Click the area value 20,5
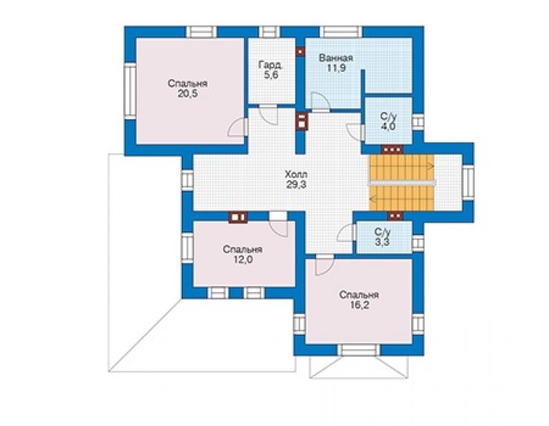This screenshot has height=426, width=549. click(x=188, y=94)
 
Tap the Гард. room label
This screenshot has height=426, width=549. click(x=271, y=64)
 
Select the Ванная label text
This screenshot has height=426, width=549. click(x=336, y=58)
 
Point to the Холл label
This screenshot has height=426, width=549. click(x=296, y=174)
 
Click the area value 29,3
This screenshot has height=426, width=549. click(x=296, y=184)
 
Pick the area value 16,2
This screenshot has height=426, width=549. click(x=359, y=305)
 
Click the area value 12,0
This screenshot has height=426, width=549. click(x=243, y=259)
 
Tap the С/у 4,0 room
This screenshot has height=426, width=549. click(x=388, y=121)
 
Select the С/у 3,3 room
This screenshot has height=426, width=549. click(x=384, y=238)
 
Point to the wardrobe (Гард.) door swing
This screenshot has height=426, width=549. click(x=269, y=114)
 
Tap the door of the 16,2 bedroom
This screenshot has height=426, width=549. click(x=324, y=265)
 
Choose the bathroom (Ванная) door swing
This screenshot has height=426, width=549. click(x=320, y=102)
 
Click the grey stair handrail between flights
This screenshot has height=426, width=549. click(x=402, y=182)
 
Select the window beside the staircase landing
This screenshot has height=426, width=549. click(x=468, y=182)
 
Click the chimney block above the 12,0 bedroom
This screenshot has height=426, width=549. click(x=238, y=217)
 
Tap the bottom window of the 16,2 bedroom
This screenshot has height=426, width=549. click(x=359, y=350)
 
